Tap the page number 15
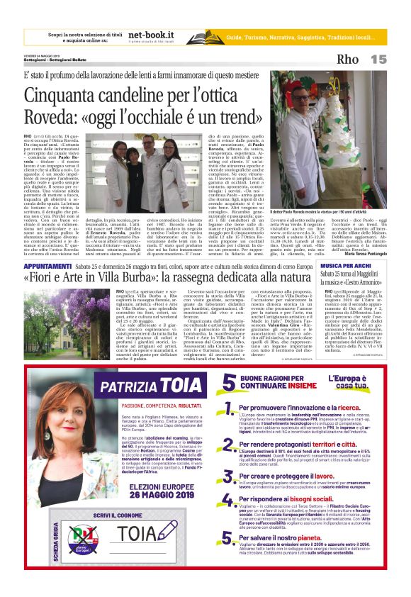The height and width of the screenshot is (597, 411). [x=379, y=60]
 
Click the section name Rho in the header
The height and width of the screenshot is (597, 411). [x=348, y=60]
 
